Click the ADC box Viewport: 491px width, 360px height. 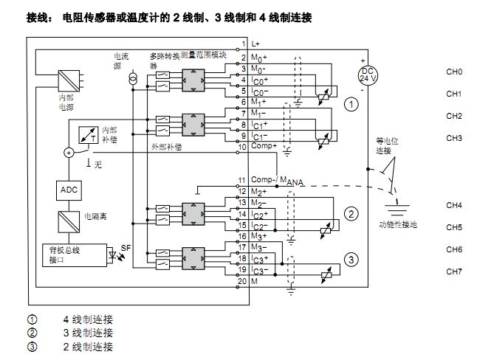[68, 189]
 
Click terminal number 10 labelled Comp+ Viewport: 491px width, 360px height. [241, 146]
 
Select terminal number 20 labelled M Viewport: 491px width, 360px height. [241, 282]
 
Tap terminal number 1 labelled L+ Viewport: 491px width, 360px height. [241, 46]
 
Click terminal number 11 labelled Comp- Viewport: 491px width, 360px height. [241, 180]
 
